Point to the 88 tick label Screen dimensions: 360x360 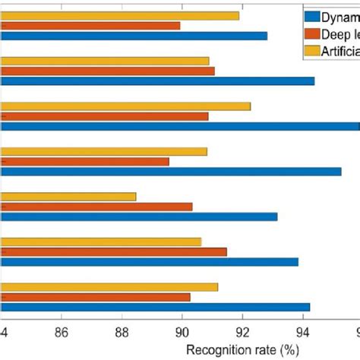tap(122, 331)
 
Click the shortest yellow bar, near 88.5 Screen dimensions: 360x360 tap(68, 196)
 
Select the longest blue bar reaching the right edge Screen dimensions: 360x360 tap(180, 126)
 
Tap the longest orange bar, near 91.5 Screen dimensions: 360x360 tap(114, 251)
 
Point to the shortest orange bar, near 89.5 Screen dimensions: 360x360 tap(85, 161)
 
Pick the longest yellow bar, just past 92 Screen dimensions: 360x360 tap(125, 106)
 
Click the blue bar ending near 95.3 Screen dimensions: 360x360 tap(171, 172)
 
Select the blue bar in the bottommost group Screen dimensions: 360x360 tap(155, 307)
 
